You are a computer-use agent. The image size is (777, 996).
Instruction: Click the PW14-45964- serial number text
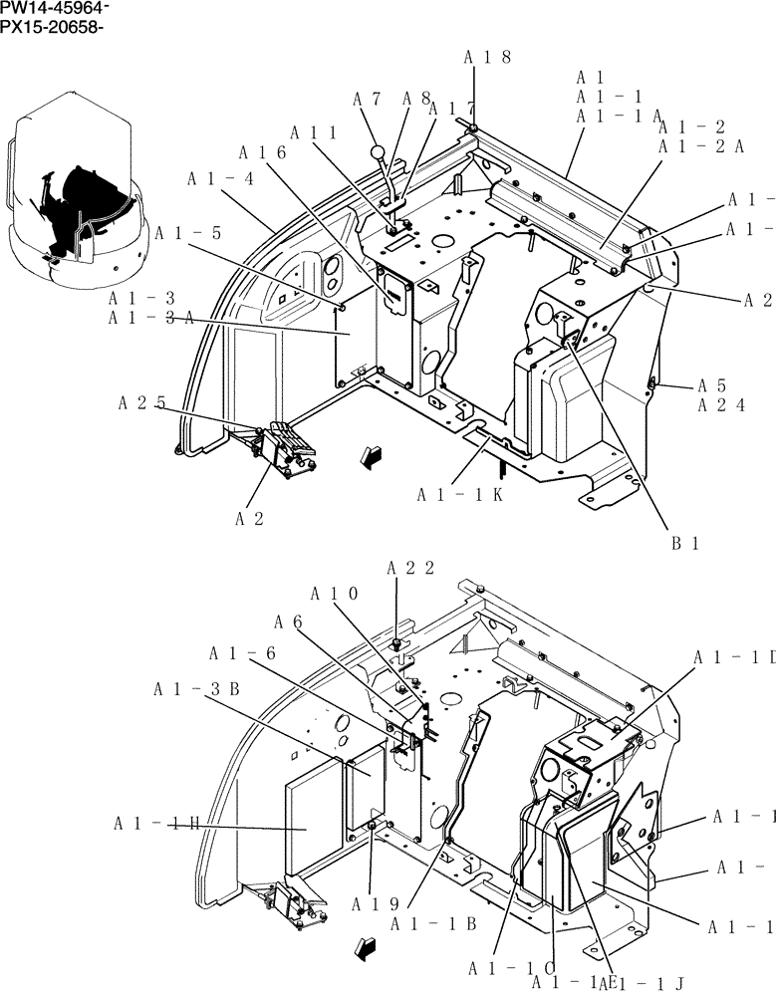(x=55, y=8)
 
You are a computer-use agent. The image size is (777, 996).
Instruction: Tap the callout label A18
(x=487, y=58)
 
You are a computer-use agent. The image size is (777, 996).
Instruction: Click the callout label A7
(x=368, y=99)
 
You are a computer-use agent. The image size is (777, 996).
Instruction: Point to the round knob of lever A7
(x=379, y=152)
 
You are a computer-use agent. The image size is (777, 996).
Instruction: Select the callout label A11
(x=313, y=132)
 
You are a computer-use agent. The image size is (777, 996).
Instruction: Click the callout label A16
(x=263, y=152)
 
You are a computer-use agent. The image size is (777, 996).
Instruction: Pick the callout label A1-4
(x=220, y=178)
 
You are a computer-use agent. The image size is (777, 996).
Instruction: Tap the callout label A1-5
(x=188, y=234)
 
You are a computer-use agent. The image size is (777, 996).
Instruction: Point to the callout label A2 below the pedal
(x=249, y=518)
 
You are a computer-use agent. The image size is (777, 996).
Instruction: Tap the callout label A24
(x=721, y=405)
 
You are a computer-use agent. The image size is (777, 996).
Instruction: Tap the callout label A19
(x=375, y=904)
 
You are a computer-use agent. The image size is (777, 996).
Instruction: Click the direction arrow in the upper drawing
(x=372, y=457)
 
